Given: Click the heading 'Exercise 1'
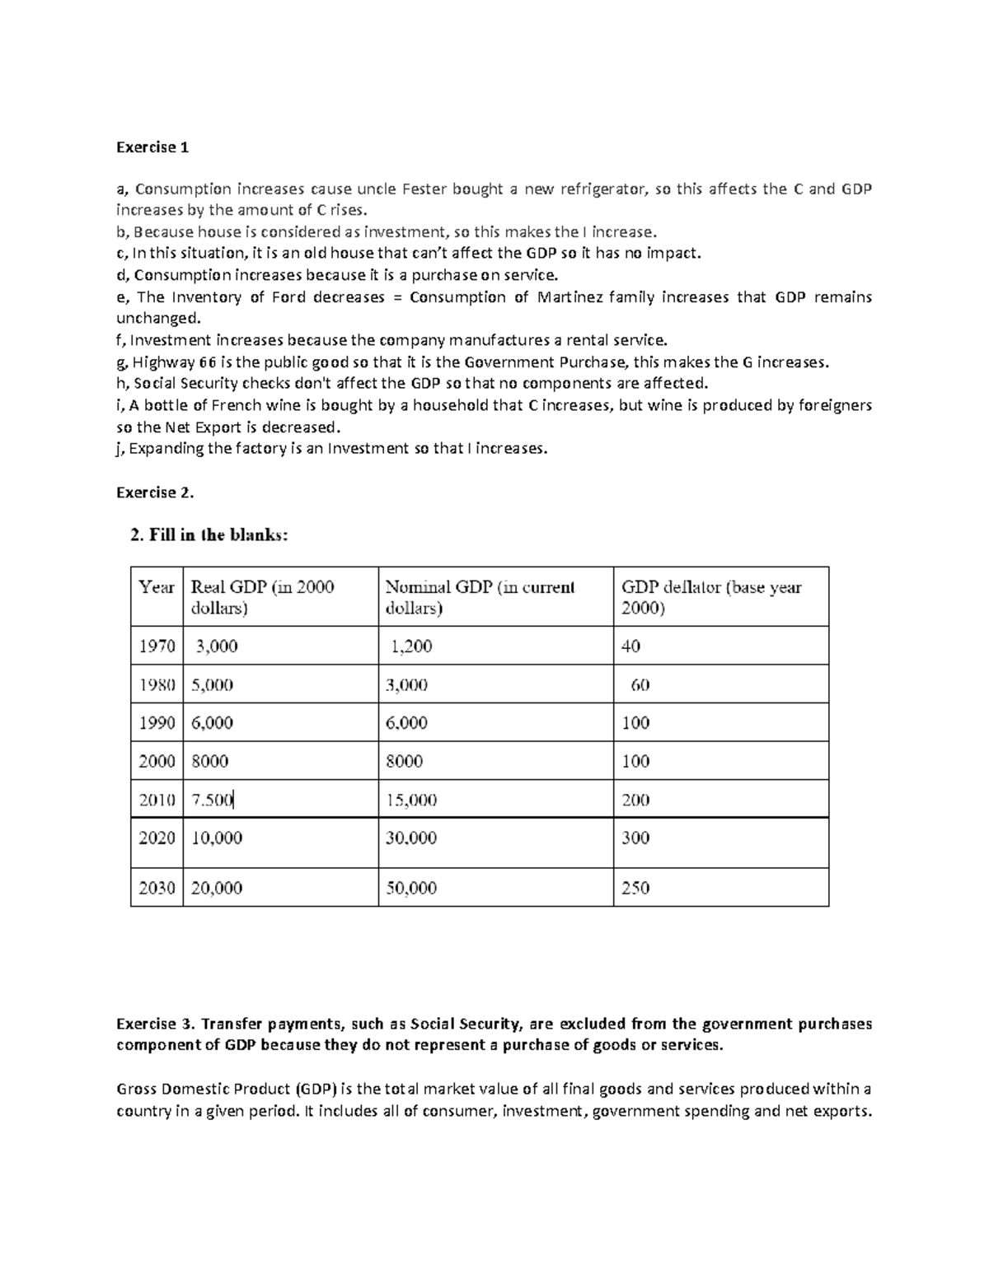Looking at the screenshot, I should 152,147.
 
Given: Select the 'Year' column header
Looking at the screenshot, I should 157,587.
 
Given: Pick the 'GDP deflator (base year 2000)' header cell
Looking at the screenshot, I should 710,597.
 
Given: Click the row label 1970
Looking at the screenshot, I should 157,647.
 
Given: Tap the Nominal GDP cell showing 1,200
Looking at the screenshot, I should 411,647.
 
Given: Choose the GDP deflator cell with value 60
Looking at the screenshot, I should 640,685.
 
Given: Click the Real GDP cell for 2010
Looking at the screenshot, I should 213,800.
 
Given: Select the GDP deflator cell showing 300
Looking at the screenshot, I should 635,838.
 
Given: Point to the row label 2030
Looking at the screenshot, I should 157,888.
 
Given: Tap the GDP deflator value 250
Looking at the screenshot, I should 635,888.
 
